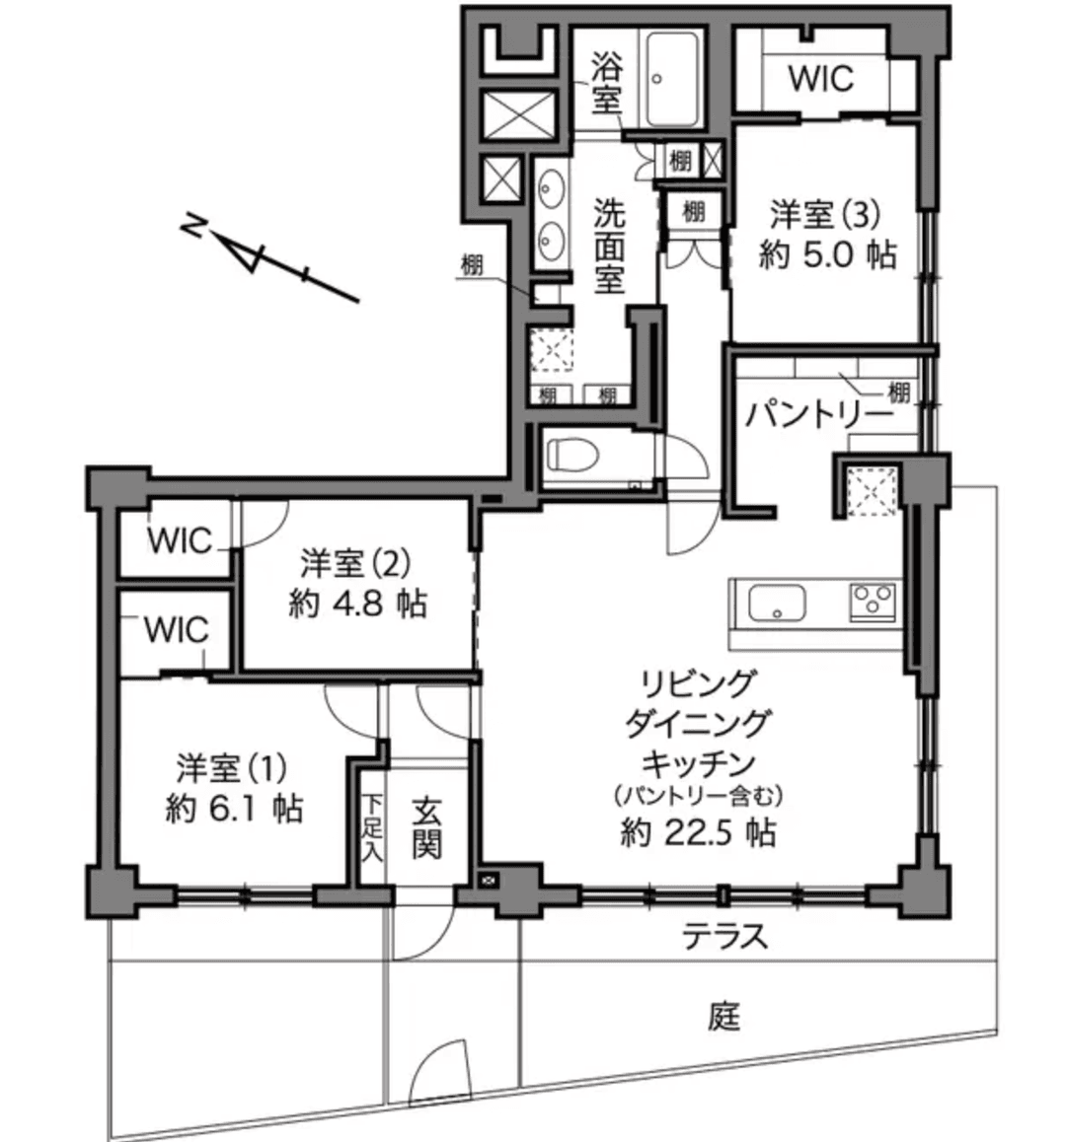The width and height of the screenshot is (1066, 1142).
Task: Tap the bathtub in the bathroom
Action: click(672, 79)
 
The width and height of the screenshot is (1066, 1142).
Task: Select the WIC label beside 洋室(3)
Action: click(820, 78)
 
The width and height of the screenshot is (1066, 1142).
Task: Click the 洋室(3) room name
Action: click(825, 214)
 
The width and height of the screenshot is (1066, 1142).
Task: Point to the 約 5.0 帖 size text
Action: click(827, 254)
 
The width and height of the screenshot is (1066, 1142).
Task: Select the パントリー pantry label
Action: click(819, 415)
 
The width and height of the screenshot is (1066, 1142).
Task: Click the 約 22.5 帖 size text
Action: click(698, 831)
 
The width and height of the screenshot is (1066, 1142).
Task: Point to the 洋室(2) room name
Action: click(355, 563)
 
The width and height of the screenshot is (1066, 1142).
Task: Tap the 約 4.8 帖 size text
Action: click(357, 603)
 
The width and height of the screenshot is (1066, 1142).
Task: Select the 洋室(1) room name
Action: click(233, 767)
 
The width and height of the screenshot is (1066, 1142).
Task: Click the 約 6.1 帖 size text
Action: click(234, 808)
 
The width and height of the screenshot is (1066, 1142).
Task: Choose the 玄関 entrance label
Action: click(426, 827)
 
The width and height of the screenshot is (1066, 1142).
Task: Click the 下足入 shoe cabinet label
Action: click(372, 827)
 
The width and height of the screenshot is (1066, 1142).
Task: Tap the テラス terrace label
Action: click(725, 936)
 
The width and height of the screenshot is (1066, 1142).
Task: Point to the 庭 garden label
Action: click(724, 1015)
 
